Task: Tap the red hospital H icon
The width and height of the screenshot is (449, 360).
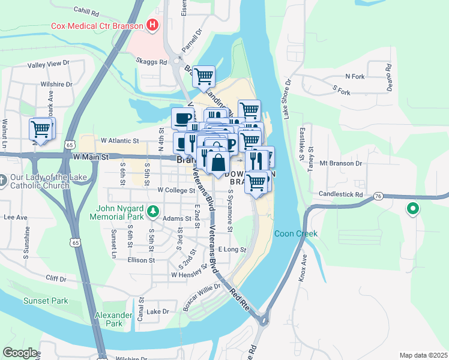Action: [153, 25]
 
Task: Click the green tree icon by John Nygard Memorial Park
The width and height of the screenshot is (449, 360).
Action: [154, 211]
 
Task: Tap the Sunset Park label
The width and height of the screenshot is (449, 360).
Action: [46, 301]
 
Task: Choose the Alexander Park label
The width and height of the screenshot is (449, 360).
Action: [113, 319]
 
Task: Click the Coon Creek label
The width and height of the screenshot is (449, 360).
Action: [295, 233]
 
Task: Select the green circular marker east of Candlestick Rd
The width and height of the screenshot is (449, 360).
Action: [412, 209]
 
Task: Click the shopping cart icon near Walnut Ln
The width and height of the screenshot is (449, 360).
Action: [41, 128]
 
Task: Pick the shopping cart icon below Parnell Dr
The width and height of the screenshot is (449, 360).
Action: [204, 76]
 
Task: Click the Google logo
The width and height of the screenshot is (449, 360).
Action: [20, 353]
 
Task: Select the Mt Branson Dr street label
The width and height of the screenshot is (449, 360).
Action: [341, 163]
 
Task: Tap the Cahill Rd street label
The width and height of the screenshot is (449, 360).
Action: [86, 11]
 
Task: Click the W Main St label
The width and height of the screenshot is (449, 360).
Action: [91, 157]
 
